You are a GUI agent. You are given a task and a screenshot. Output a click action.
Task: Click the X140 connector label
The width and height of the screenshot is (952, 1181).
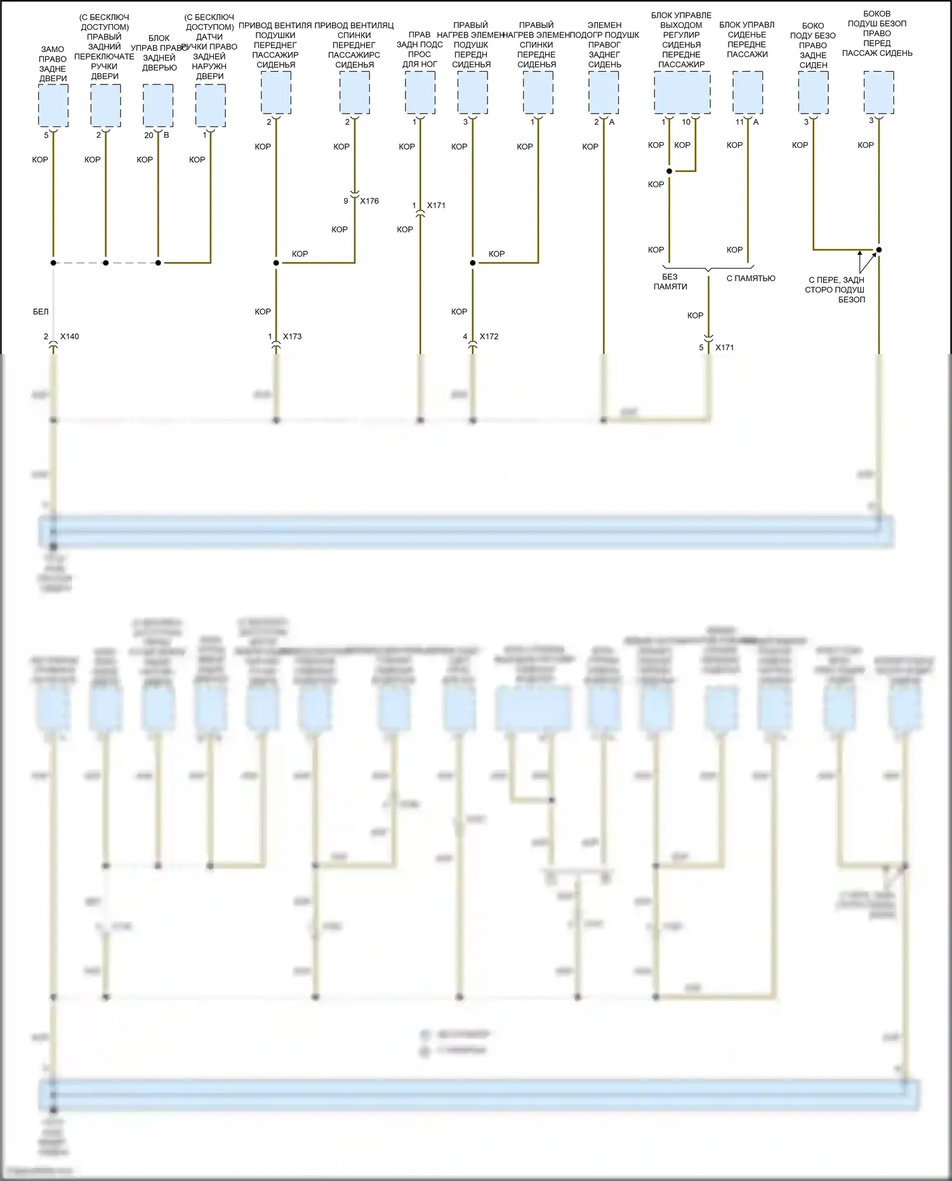click(x=70, y=336)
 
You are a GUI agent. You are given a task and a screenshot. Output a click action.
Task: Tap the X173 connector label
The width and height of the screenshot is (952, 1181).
click(x=293, y=336)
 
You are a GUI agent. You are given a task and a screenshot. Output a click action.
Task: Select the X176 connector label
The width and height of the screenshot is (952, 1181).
click(x=369, y=201)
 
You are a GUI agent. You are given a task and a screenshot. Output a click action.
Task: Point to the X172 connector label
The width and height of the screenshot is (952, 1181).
click(x=489, y=336)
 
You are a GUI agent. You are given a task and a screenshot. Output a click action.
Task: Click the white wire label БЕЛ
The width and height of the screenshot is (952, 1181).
click(x=41, y=312)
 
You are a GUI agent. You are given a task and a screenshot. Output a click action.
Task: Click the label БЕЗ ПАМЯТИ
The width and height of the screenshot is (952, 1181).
click(x=670, y=282)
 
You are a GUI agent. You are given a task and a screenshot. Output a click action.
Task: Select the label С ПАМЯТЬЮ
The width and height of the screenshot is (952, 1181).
click(x=751, y=278)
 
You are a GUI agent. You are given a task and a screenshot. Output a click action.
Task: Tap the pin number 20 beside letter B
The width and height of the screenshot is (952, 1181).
click(x=149, y=135)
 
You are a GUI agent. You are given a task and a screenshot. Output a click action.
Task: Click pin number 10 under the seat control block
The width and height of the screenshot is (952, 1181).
click(x=686, y=122)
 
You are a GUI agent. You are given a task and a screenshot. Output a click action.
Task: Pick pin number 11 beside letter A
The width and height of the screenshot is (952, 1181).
click(x=739, y=122)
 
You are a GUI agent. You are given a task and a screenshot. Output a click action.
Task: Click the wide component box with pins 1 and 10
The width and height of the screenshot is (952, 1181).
click(x=682, y=93)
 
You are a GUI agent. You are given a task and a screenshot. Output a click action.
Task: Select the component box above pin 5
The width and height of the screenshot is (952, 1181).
click(x=53, y=105)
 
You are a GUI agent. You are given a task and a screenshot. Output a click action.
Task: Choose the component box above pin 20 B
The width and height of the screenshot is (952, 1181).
click(x=158, y=105)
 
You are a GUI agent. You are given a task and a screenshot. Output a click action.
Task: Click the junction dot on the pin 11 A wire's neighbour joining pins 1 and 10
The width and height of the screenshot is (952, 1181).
click(x=670, y=171)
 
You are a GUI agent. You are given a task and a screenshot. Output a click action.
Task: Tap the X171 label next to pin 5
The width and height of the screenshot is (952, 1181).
click(x=725, y=348)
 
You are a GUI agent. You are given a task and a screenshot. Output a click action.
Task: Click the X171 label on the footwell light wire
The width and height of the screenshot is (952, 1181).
click(x=437, y=206)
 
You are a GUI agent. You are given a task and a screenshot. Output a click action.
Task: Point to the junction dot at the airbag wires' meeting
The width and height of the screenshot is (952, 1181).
click(x=879, y=249)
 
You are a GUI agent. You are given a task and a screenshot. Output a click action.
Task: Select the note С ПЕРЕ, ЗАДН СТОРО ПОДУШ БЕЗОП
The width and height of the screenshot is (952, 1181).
click(x=835, y=289)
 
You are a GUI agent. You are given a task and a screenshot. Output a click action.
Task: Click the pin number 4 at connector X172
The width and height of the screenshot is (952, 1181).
click(x=465, y=336)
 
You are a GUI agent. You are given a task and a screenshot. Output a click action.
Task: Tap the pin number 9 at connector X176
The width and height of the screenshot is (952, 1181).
click(x=346, y=201)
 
